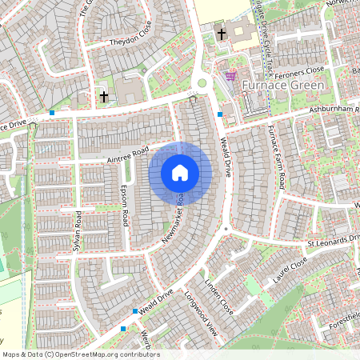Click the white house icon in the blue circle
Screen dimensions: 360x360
tap(180, 172)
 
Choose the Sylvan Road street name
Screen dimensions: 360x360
tap(78, 230)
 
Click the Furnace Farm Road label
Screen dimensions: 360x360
tap(277, 156)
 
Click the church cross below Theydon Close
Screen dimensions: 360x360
tap(103, 97)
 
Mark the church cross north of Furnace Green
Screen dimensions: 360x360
tap(222, 34)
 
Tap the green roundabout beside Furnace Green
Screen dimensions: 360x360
tap(202, 82)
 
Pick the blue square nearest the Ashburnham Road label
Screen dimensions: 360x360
tap(220, 114)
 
